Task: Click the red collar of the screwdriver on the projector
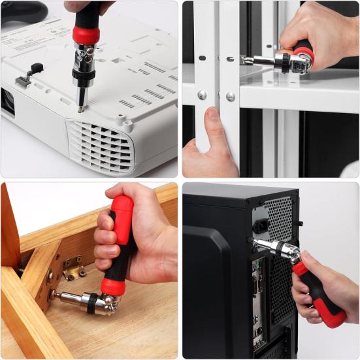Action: click(86, 35)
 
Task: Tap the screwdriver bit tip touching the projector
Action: click(80, 108)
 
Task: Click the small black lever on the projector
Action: click(35, 67)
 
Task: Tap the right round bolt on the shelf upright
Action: click(230, 96)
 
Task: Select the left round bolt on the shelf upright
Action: click(202, 95)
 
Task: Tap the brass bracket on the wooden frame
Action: click(73, 268)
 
